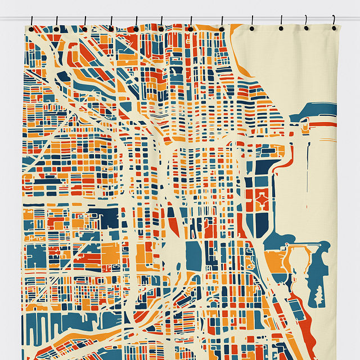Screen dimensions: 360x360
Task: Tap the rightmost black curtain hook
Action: (334, 26)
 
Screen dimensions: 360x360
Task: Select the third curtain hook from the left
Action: (84, 26)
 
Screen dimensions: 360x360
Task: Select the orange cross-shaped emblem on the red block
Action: (262, 200)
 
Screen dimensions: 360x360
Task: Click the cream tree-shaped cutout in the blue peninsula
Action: (319, 292)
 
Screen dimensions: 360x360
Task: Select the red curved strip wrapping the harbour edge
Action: (284, 163)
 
